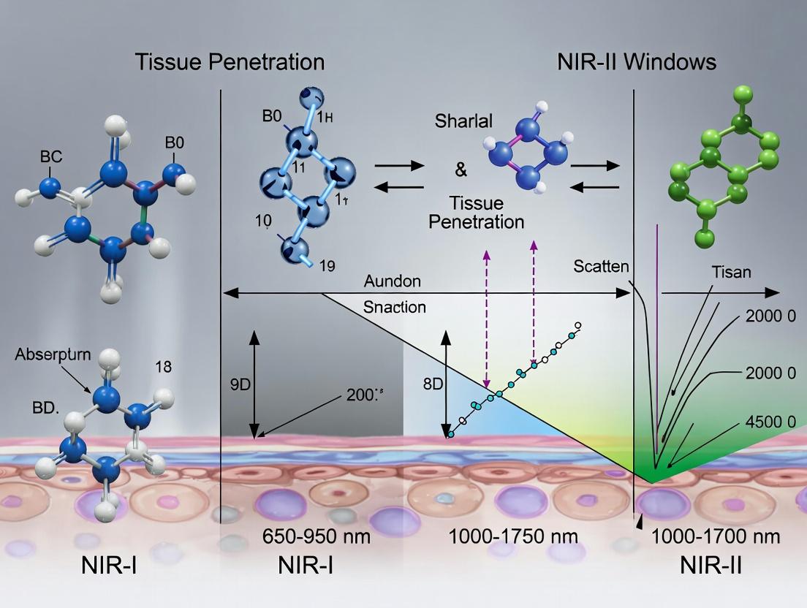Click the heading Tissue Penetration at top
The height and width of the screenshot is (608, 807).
click(230, 62)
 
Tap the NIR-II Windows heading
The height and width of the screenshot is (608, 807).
click(636, 62)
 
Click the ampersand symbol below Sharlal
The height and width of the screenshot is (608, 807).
click(461, 170)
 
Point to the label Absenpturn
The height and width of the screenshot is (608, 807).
click(53, 355)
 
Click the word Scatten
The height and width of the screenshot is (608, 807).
click(601, 267)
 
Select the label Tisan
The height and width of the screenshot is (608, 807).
click(731, 273)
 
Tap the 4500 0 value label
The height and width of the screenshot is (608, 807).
click(770, 422)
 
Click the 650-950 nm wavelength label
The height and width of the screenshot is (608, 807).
click(316, 537)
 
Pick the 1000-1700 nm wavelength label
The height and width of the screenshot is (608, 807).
click(716, 537)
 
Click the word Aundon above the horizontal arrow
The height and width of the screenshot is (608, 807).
click(393, 281)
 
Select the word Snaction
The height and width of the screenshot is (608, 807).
click(394, 307)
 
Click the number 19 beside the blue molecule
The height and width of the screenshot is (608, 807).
click(327, 266)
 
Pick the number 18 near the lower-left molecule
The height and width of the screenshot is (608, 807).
click(163, 366)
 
